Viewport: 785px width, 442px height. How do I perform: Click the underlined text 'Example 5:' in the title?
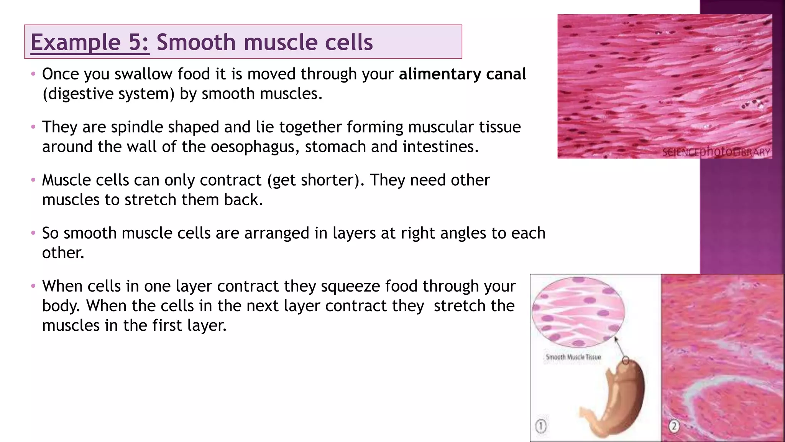tap(90, 42)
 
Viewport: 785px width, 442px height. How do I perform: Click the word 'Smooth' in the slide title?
tap(195, 42)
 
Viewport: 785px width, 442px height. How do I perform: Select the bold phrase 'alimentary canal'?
tap(462, 74)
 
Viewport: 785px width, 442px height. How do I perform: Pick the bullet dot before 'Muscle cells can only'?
tap(33, 180)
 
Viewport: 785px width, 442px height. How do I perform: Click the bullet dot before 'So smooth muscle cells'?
tap(33, 233)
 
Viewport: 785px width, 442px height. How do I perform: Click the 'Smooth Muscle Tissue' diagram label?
tap(573, 357)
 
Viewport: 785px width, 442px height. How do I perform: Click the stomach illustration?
tap(617, 399)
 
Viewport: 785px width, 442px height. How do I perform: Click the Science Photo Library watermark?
tap(716, 152)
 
